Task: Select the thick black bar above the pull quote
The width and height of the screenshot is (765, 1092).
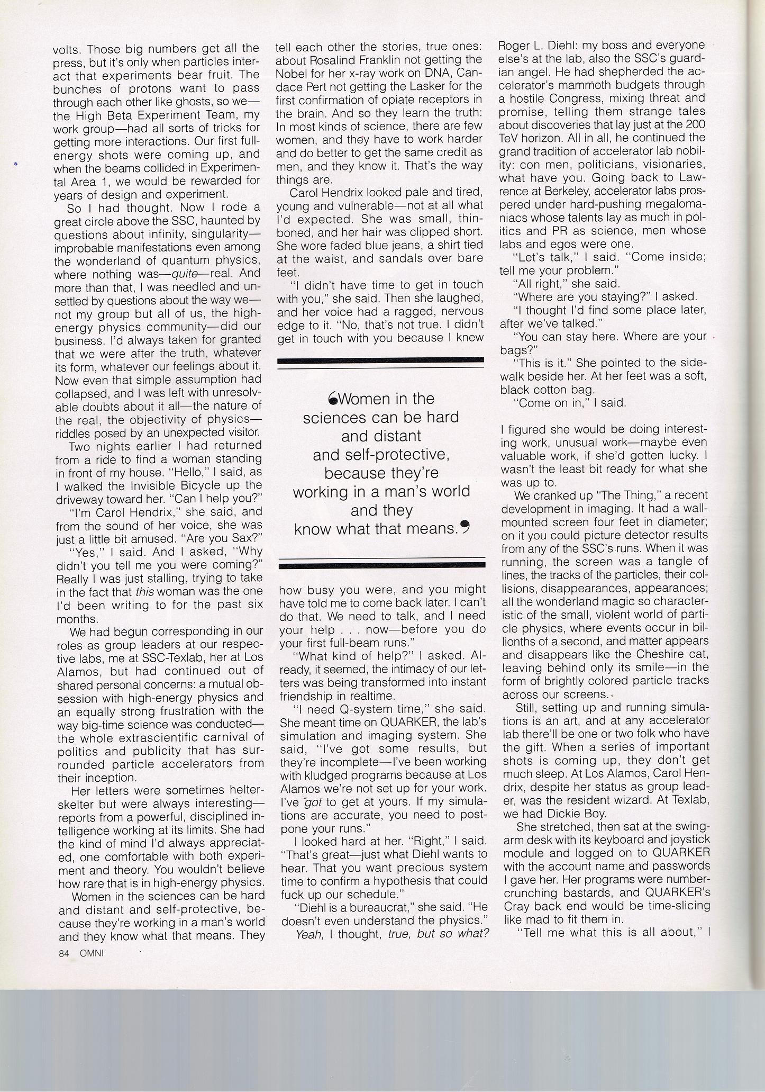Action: tap(380, 360)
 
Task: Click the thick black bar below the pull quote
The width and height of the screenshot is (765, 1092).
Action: tap(381, 566)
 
